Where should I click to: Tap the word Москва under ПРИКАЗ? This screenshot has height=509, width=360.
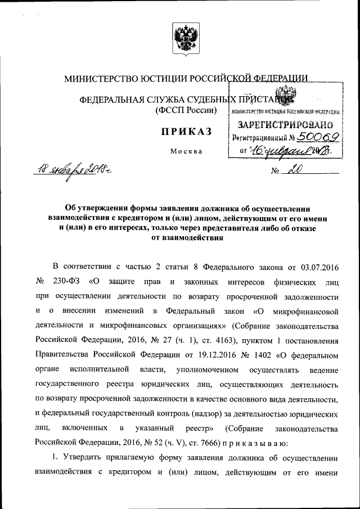pyautogui.click(x=183, y=151)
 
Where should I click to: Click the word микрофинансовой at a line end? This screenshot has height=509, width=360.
pyautogui.click(x=303, y=310)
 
